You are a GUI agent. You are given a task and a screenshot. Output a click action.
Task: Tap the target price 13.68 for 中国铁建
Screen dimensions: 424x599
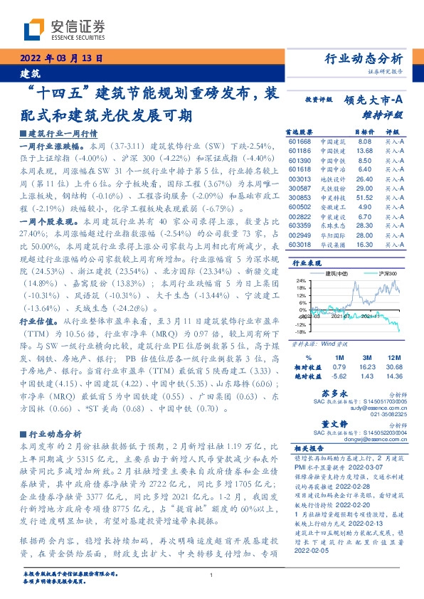(x=364, y=151)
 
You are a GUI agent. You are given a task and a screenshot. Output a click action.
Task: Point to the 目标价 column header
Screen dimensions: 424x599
(x=363, y=132)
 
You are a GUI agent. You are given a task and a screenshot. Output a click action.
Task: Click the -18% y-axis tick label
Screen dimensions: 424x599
(x=300, y=312)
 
